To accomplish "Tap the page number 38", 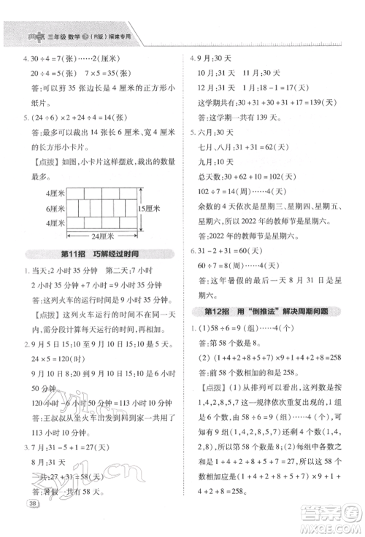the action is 32,524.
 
